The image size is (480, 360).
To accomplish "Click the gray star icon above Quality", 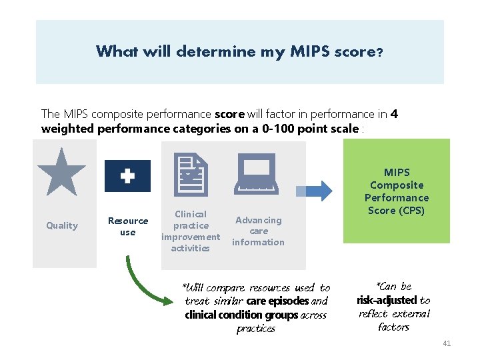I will (62, 171).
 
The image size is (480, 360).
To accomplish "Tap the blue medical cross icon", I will (127, 176).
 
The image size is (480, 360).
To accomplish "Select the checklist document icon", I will (191, 172).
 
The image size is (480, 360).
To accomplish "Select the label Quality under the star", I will (62, 225).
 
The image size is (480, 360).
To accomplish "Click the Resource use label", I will (128, 227).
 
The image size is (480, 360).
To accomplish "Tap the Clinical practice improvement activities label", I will (191, 231).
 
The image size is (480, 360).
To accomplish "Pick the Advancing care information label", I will (258, 231).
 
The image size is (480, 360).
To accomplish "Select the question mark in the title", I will (379, 52).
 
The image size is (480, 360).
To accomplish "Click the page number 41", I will (447, 343).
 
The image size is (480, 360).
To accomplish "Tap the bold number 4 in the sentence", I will (395, 114).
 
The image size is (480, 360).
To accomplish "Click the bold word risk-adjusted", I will (387, 301).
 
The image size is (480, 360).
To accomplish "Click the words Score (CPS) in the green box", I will (397, 211).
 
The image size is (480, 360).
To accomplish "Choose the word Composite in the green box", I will (397, 185).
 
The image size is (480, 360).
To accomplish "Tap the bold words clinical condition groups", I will (242, 315).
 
